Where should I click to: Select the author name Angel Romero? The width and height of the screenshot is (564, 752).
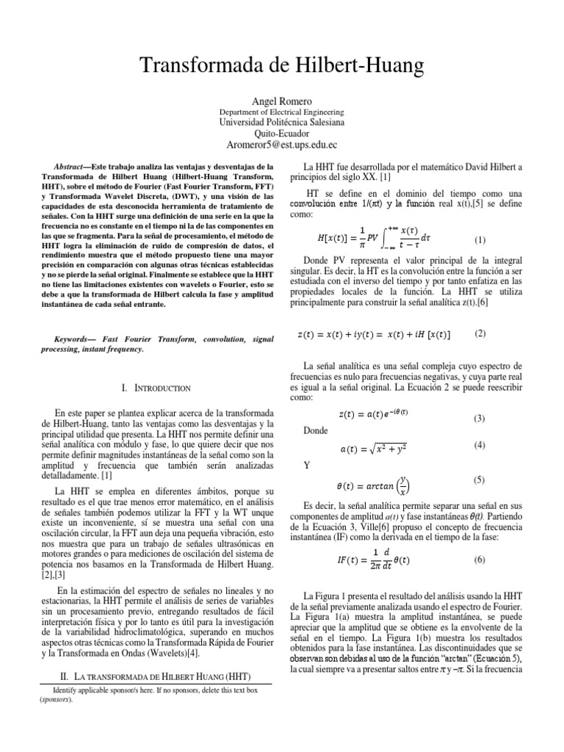click(x=282, y=100)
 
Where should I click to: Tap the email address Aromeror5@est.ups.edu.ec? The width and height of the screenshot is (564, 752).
click(x=282, y=145)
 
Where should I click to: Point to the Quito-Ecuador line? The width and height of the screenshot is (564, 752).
click(x=282, y=134)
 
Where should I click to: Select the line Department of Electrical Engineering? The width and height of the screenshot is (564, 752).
click(x=282, y=112)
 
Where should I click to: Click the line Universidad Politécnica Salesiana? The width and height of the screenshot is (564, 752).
click(x=282, y=122)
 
